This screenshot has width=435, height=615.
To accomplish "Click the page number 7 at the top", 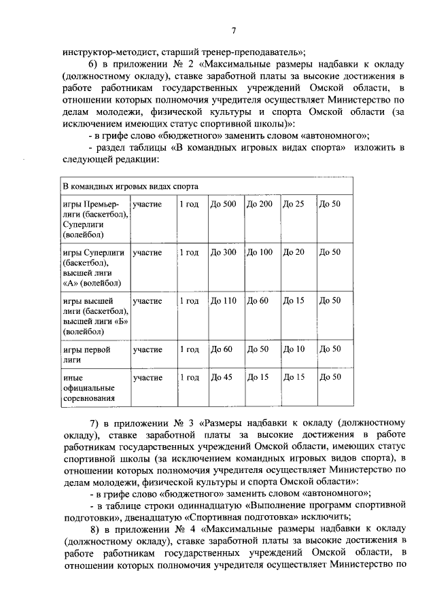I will click(233, 31).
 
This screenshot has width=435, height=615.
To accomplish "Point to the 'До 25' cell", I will click(294, 205).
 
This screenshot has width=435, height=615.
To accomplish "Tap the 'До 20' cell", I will click(294, 252).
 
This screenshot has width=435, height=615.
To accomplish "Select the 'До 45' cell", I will click(221, 377).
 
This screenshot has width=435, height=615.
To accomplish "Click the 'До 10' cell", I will click(294, 349).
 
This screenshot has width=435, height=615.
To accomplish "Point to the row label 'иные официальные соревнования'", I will click(88, 388).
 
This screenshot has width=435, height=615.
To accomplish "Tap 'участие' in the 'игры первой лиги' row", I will click(147, 349).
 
